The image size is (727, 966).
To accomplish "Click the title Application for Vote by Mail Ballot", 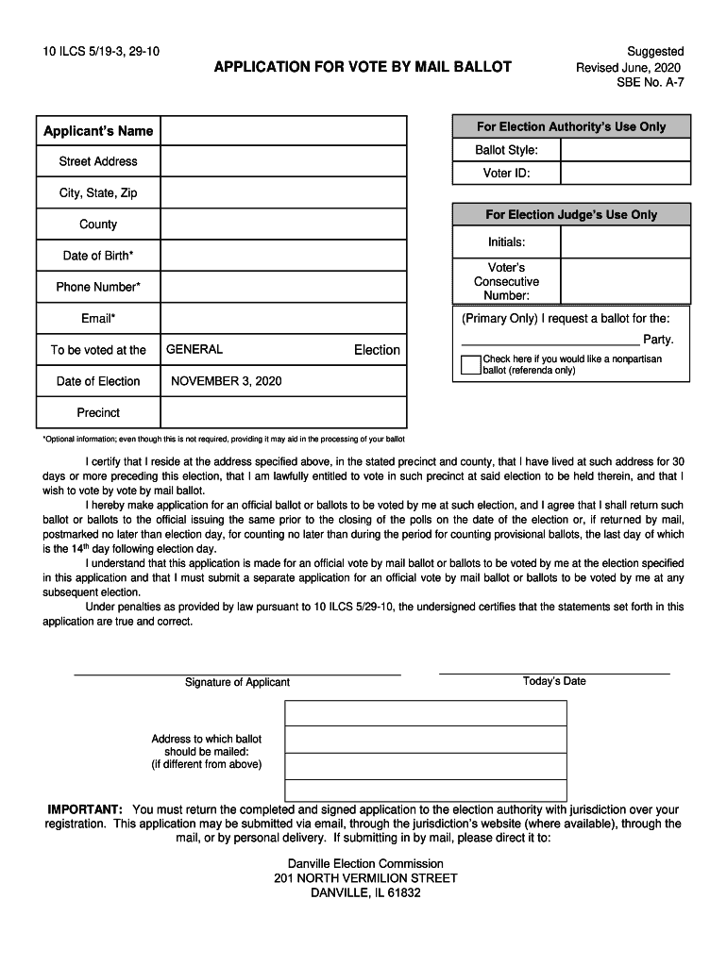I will click(x=363, y=67).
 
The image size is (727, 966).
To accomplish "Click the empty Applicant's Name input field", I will click(x=283, y=130).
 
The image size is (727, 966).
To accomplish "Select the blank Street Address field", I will click(x=283, y=161).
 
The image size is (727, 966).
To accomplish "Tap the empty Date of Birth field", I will click(x=283, y=256).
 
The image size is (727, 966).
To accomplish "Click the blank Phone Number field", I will click(x=283, y=287).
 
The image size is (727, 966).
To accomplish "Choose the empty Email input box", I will click(x=283, y=318).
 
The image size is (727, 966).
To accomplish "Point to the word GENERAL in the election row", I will click(x=194, y=350).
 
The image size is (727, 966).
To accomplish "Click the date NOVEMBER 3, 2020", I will click(x=226, y=381).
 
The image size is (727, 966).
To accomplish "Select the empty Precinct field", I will click(x=283, y=412).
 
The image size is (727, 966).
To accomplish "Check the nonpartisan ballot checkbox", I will click(x=470, y=365).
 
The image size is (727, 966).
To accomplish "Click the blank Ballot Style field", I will click(x=625, y=150).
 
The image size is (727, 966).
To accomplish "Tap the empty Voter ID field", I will click(x=625, y=174).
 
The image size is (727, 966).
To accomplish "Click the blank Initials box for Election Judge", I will click(x=625, y=241).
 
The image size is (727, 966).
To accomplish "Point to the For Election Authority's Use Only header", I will click(x=571, y=126).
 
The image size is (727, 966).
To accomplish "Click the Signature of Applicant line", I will click(x=237, y=673).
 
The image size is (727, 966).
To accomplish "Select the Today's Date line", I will click(x=554, y=672).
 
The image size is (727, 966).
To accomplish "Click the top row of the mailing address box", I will click(x=426, y=713).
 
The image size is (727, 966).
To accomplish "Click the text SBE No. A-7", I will click(x=650, y=83).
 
